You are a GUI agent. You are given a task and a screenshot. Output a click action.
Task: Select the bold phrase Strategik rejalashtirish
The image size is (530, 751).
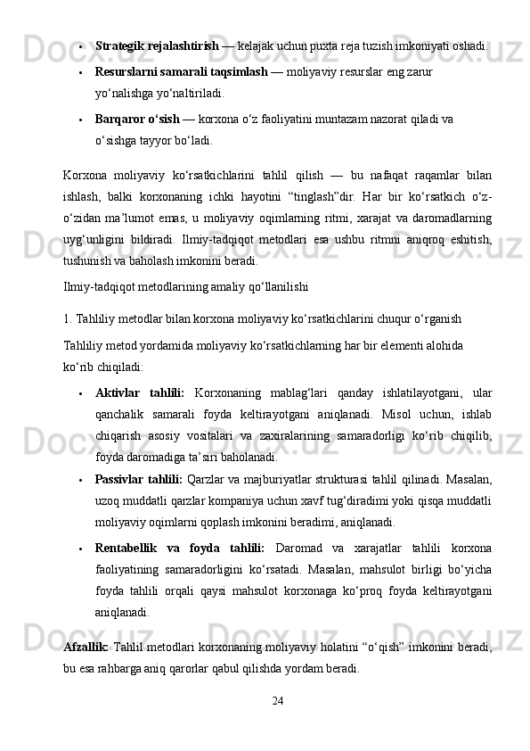pos(156,45)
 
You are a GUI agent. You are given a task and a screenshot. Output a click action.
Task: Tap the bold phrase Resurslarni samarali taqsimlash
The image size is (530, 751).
pos(181,70)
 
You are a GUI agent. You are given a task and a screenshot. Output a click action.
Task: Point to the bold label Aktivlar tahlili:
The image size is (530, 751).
pos(140,392)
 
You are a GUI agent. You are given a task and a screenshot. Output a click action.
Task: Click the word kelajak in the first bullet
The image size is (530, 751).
pos(256,45)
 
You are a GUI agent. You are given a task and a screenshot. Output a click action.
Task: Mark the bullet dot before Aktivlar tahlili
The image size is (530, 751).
pos(81,393)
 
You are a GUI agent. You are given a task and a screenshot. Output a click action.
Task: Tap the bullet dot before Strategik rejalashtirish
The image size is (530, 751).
pos(81,45)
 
